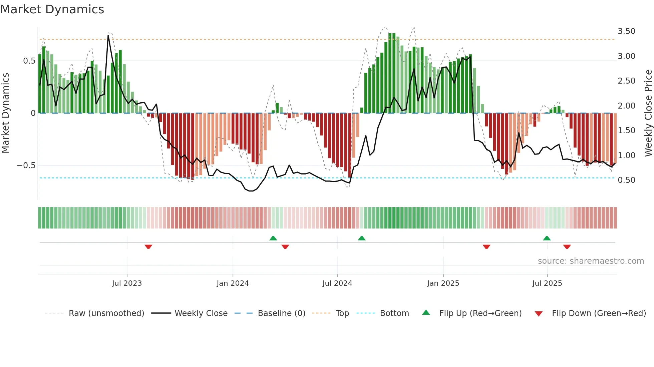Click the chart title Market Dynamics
[x=52, y=9]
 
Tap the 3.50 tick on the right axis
[x=626, y=31]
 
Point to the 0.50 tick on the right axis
[x=626, y=180]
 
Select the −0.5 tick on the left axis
[x=26, y=166]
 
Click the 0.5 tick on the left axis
[x=29, y=61]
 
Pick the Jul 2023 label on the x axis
[x=127, y=283]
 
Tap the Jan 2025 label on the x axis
[x=443, y=283]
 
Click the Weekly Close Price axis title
[x=648, y=113]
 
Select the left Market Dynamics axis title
[x=5, y=113]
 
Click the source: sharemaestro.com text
[x=591, y=261]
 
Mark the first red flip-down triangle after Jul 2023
[x=148, y=247]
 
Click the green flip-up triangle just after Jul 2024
[x=362, y=238]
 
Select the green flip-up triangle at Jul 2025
[x=547, y=238]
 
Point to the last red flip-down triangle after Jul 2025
[x=567, y=247]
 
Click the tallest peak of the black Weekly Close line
[x=108, y=36]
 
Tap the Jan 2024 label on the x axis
[x=233, y=283]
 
